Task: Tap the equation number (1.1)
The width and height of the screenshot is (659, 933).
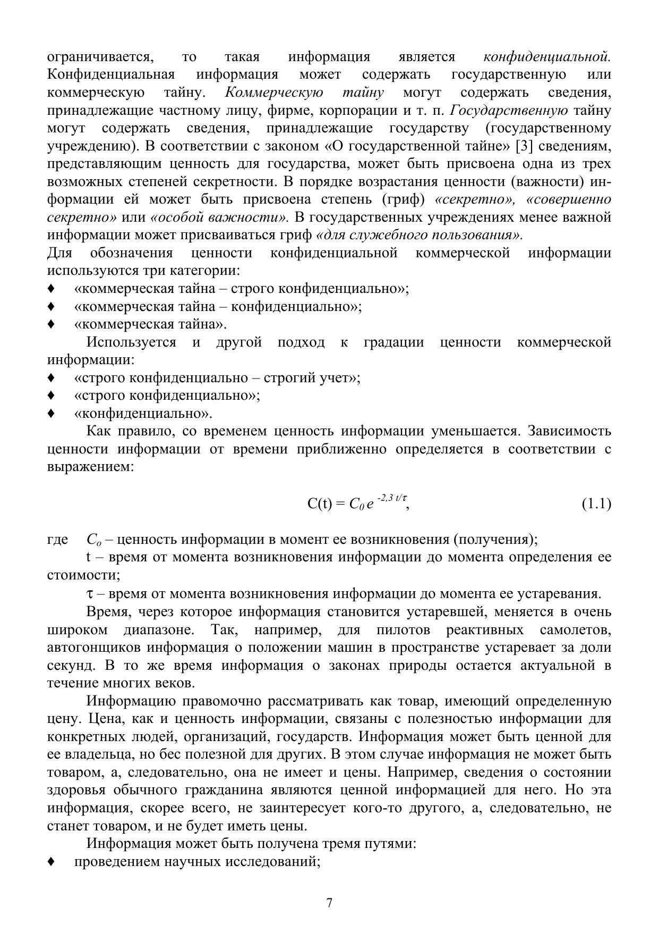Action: [x=596, y=503]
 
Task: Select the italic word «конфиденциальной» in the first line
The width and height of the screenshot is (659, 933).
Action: [x=547, y=56]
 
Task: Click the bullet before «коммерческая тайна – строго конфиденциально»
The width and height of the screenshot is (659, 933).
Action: [x=51, y=289]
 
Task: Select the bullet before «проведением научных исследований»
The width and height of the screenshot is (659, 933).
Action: [x=51, y=861]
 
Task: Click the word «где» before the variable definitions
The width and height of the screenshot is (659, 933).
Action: [x=57, y=540]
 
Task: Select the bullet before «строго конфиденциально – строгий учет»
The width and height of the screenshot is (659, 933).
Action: [x=51, y=378]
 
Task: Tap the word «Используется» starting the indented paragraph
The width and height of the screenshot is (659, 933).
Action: [x=131, y=342]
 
